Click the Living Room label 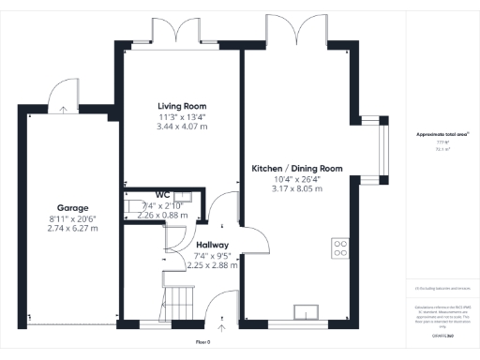[x=182, y=106]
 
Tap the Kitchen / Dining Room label [x=297, y=169]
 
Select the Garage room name [x=72, y=209]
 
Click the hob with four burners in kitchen [x=339, y=249]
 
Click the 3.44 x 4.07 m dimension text [x=182, y=126]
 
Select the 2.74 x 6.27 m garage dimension [x=72, y=228]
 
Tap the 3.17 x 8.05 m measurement [x=297, y=188]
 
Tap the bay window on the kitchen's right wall [x=382, y=150]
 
